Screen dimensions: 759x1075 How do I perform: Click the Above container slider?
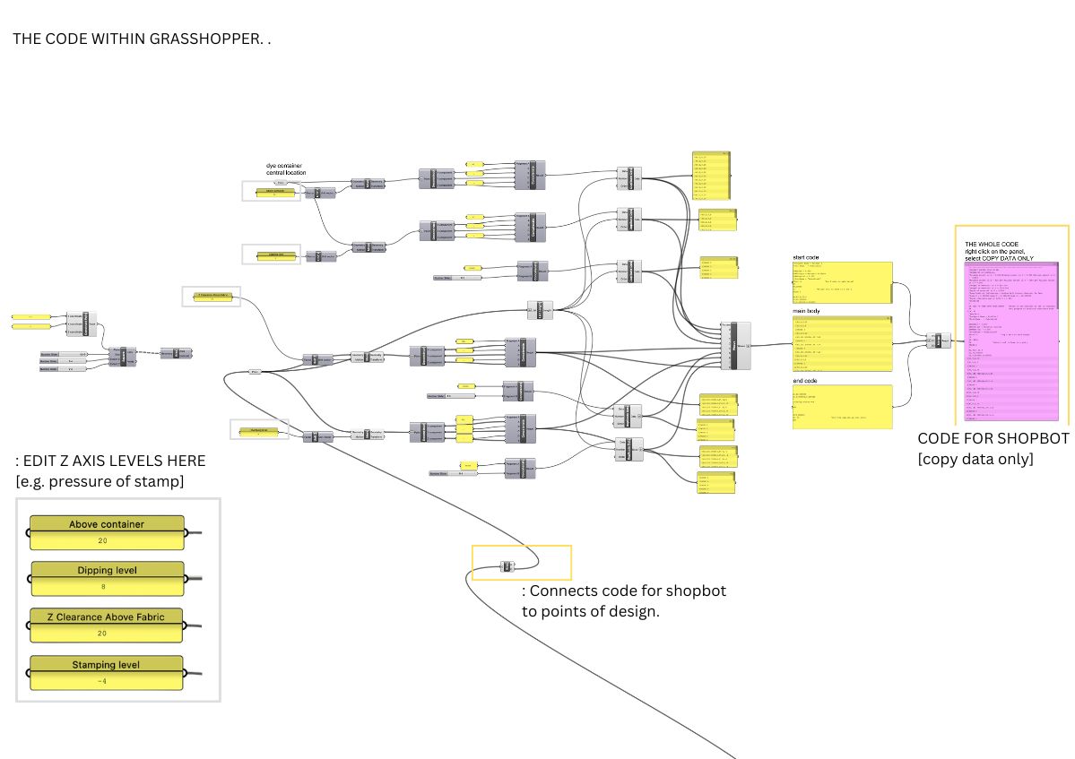click(107, 531)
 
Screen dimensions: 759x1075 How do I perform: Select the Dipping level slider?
click(108, 578)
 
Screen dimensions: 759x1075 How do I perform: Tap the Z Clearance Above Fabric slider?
click(107, 625)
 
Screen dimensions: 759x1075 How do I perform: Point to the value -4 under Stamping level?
click(107, 680)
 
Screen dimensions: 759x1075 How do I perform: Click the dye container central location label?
click(292, 169)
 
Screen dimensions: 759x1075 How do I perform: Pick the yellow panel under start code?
click(842, 283)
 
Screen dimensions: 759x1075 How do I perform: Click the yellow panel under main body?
click(842, 343)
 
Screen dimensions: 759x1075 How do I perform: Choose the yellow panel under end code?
click(842, 406)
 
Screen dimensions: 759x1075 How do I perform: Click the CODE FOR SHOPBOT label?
click(993, 439)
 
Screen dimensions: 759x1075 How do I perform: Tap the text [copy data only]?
click(975, 459)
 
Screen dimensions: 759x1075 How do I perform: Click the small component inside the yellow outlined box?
click(507, 566)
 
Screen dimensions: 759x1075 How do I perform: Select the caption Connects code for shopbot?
click(628, 591)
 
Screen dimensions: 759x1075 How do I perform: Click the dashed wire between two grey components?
click(147, 353)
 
